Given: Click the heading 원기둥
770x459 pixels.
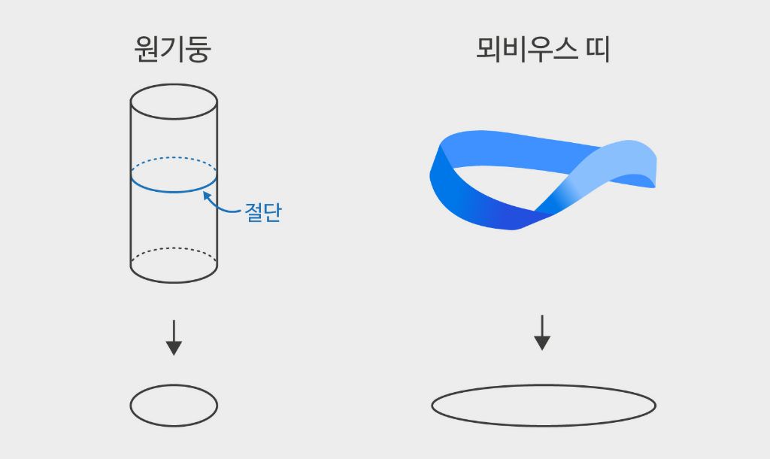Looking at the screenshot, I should [173, 50].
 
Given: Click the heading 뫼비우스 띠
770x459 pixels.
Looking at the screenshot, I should [543, 50].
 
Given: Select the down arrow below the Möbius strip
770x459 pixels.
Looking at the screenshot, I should [542, 333].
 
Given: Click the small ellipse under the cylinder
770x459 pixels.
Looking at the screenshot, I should [174, 406].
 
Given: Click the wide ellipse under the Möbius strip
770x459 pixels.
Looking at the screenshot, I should [543, 406].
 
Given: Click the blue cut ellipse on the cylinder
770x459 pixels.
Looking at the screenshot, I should [174, 191].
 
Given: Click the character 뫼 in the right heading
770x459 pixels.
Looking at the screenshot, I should [490, 50].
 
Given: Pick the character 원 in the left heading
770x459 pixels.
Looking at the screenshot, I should [147, 50].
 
